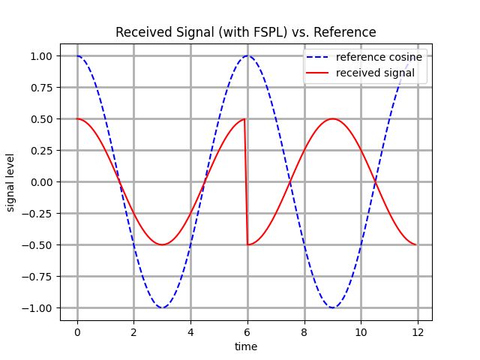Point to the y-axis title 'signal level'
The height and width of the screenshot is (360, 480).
point(11,181)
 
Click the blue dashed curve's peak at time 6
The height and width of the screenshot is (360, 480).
point(247,56)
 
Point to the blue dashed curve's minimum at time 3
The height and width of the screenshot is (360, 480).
point(162,307)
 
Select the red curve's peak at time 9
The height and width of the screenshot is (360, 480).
point(332,119)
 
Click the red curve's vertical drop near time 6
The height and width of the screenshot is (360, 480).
point(246,181)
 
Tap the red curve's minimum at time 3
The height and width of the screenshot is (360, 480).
point(162,244)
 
